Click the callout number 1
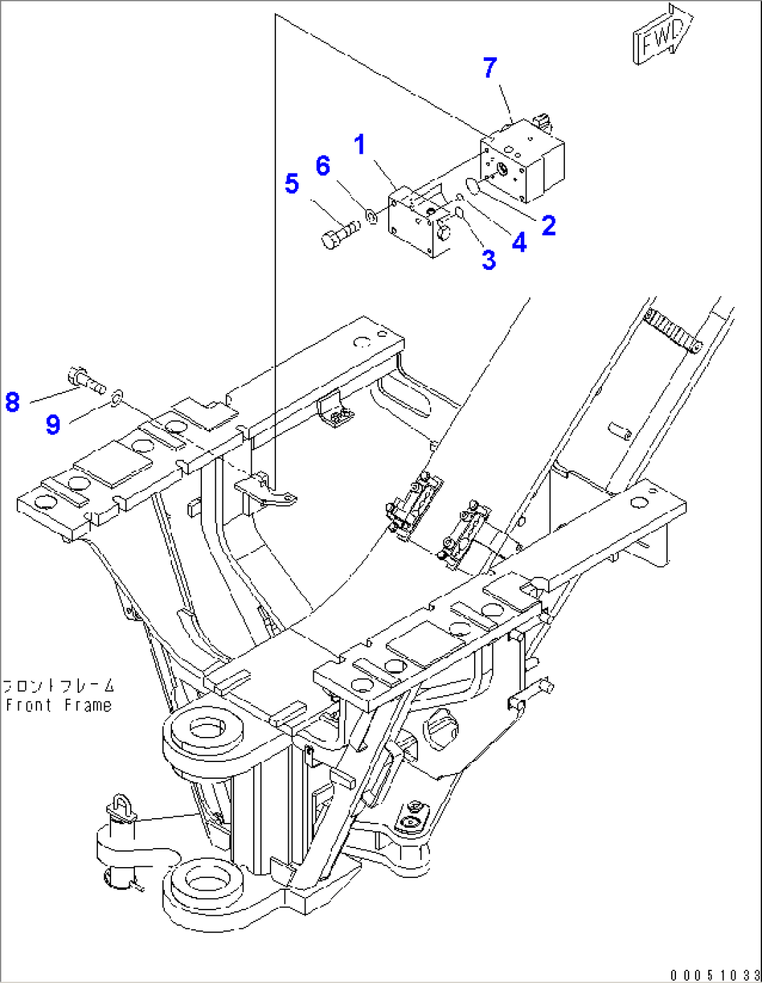[359, 145]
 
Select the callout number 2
[549, 225]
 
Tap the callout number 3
[489, 260]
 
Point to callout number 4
[519, 243]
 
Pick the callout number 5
[292, 184]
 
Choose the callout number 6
[322, 166]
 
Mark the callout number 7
[490, 68]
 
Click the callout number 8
[13, 402]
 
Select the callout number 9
[53, 424]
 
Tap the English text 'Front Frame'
[59, 705]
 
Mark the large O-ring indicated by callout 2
[471, 186]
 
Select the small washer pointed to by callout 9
[117, 399]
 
